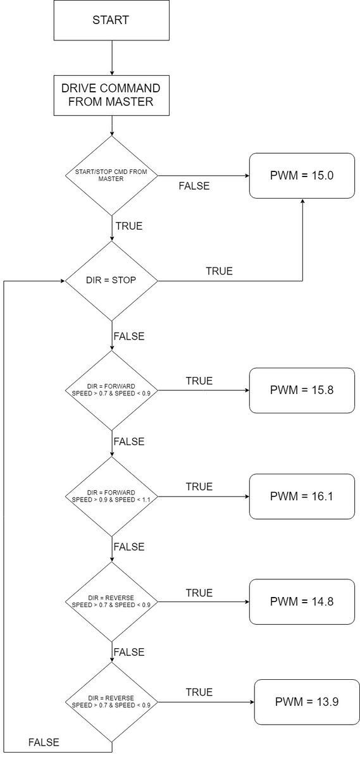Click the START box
[111, 20]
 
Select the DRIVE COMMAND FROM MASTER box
[111, 95]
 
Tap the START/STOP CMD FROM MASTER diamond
[111, 176]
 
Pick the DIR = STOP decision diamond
[111, 281]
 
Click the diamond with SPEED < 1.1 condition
[111, 496]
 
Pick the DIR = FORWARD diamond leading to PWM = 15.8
[111, 390]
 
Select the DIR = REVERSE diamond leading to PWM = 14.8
[111, 601]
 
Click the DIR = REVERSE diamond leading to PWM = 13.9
[111, 701]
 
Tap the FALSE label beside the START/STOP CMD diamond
[194, 186]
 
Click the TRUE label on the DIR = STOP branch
[219, 271]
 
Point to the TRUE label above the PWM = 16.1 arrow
[199, 486]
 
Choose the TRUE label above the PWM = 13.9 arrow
[199, 692]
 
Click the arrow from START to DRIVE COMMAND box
[111, 58]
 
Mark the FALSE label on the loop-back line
[44, 742]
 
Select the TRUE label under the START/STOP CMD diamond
[129, 226]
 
